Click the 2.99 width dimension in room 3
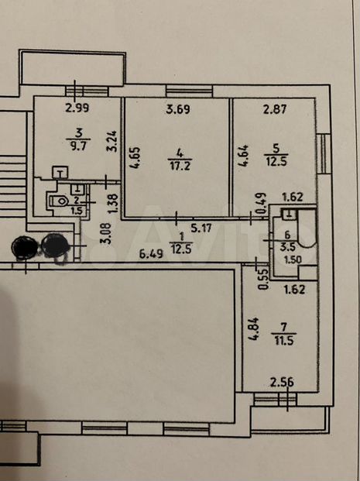point(77,108)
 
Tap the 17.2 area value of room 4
point(180,166)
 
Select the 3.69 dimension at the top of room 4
point(178,109)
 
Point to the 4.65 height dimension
point(135,158)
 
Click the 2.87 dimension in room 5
point(275,109)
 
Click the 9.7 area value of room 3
point(78,146)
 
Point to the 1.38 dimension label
point(114,203)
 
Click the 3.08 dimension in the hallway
point(106,234)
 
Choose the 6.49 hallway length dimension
point(151,254)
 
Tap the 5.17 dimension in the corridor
point(201,228)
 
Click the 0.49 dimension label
point(263,203)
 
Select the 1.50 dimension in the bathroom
point(293,259)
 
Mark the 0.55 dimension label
point(263,279)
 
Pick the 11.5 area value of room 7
point(284,341)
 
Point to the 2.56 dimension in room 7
point(282,382)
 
